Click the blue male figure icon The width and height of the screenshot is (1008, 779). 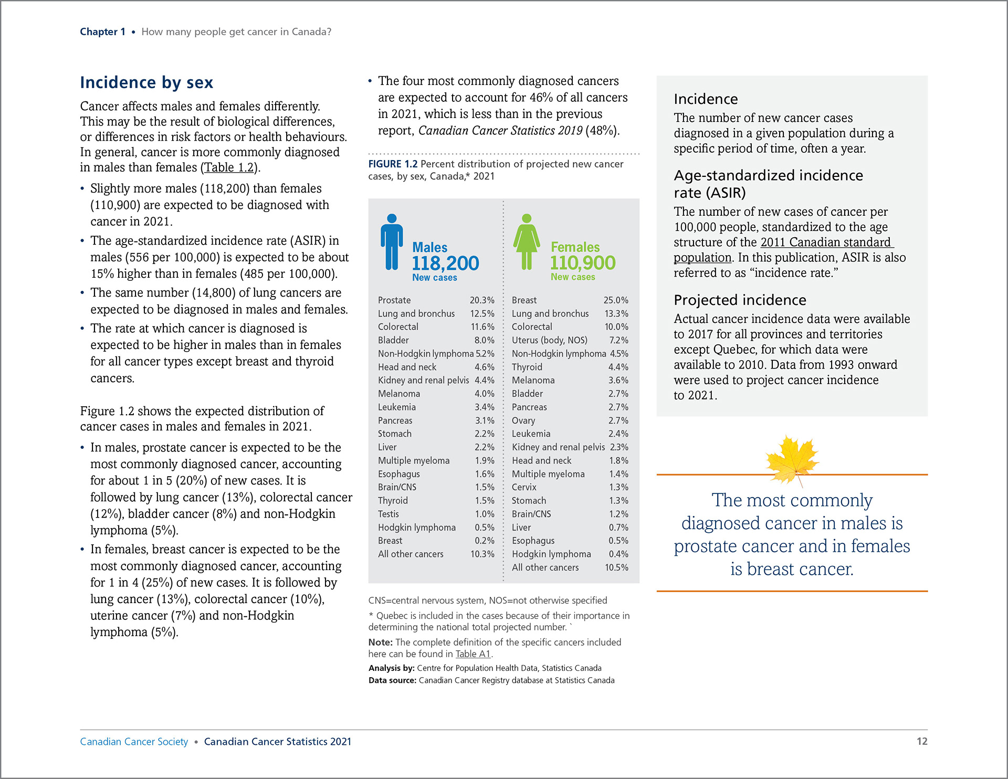point(392,242)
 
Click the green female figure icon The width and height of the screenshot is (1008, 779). point(527,242)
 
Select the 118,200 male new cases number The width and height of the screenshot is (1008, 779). point(445,263)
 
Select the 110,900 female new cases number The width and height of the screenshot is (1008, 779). point(582,262)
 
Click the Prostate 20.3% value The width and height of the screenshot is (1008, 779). point(481,300)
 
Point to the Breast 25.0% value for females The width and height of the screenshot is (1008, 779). point(615,300)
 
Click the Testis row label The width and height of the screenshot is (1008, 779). point(388,514)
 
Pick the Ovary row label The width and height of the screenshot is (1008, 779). point(523,420)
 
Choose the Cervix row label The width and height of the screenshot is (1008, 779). point(524,487)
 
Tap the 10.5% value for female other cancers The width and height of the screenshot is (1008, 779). point(616,567)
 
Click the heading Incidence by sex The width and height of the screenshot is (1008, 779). point(146,82)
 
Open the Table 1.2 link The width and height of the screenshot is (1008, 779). point(229,167)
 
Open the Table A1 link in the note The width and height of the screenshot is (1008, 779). point(472,654)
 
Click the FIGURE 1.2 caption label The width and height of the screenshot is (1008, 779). point(393,164)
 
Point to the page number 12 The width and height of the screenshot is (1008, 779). point(921,741)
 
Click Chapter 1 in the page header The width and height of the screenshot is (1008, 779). point(102,31)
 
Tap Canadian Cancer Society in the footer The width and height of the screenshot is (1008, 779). point(134,741)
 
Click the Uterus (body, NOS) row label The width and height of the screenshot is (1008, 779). point(549,340)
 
